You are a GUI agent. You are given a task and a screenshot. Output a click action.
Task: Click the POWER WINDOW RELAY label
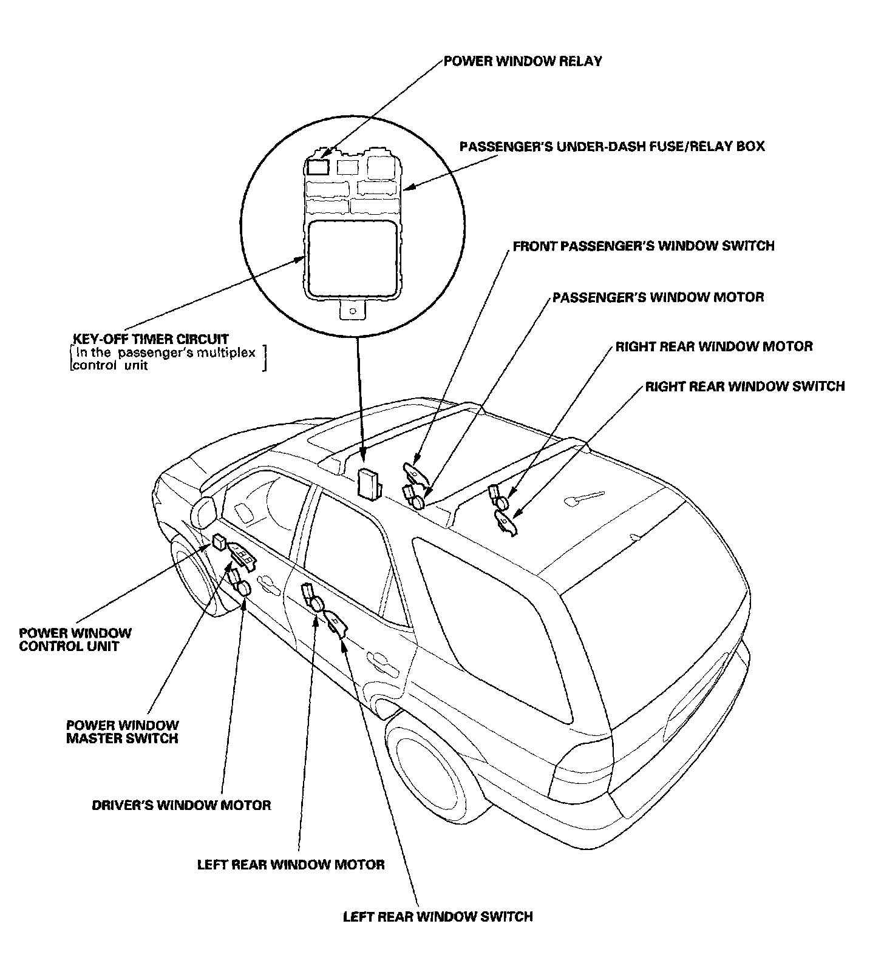tap(522, 61)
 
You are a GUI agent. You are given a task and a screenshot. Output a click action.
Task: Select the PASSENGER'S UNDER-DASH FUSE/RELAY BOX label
tap(611, 147)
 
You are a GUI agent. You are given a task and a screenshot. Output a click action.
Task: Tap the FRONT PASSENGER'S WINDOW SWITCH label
tap(643, 246)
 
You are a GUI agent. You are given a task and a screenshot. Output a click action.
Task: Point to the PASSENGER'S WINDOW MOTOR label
tap(658, 297)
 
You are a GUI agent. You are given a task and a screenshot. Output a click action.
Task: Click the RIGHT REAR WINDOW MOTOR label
tap(713, 346)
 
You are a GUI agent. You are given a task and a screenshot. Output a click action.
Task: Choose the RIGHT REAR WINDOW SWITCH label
tap(744, 386)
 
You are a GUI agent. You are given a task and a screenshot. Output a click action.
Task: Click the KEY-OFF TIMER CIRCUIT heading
tap(150, 339)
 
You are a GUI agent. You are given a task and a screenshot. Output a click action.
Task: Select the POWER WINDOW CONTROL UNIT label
tap(75, 639)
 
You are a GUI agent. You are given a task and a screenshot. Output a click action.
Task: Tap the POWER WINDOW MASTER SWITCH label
tap(122, 732)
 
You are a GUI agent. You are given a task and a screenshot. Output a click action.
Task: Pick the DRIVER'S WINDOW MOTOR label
tap(181, 805)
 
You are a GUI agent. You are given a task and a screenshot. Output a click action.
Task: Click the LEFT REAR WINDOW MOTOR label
tap(290, 865)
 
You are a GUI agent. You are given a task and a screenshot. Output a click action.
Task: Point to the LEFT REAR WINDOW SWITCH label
tap(437, 916)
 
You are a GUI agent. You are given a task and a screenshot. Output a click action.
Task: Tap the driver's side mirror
tap(204, 513)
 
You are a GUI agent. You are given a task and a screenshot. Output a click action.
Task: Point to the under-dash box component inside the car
tap(368, 484)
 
